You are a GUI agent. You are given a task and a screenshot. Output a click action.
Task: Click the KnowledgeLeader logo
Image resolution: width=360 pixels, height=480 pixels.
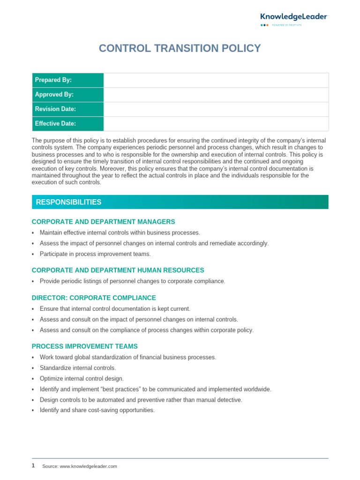point(294,17)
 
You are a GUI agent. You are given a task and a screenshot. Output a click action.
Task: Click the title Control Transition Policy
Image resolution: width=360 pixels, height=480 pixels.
point(180,48)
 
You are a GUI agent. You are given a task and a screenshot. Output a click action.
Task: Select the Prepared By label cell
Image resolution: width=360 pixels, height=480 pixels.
point(67,80)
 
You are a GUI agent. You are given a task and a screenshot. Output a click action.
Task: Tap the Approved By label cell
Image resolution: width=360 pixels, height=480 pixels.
point(67,95)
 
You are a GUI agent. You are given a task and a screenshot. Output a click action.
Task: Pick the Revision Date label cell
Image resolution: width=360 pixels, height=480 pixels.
point(67,109)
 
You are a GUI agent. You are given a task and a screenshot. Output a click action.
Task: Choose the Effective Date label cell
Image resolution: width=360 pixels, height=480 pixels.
point(67,124)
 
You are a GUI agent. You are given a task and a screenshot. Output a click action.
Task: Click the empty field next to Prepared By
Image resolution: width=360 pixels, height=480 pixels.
point(216,80)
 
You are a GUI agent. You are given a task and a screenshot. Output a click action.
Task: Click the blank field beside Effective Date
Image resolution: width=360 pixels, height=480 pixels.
point(216,124)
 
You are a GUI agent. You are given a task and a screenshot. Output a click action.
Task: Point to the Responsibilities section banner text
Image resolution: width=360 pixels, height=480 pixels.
point(68,202)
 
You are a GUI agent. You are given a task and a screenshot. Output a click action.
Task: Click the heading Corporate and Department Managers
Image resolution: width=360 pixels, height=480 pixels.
point(103,222)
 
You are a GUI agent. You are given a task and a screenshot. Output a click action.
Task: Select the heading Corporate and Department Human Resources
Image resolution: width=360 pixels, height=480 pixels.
point(118,270)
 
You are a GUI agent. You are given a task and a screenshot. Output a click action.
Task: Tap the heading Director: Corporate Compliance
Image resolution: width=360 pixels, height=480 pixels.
point(94,298)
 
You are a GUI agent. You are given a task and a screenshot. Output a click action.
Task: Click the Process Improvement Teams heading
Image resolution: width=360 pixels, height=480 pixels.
point(84,346)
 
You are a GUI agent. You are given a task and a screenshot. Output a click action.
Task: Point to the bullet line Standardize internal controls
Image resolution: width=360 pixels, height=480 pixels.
point(77,368)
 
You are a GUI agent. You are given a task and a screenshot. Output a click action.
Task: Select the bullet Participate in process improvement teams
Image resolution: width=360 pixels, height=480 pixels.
point(95,254)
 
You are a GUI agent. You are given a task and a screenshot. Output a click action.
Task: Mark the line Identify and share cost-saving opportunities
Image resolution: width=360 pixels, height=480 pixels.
point(97,410)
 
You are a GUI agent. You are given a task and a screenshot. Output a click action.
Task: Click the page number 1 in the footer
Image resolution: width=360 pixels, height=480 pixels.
point(33,466)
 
